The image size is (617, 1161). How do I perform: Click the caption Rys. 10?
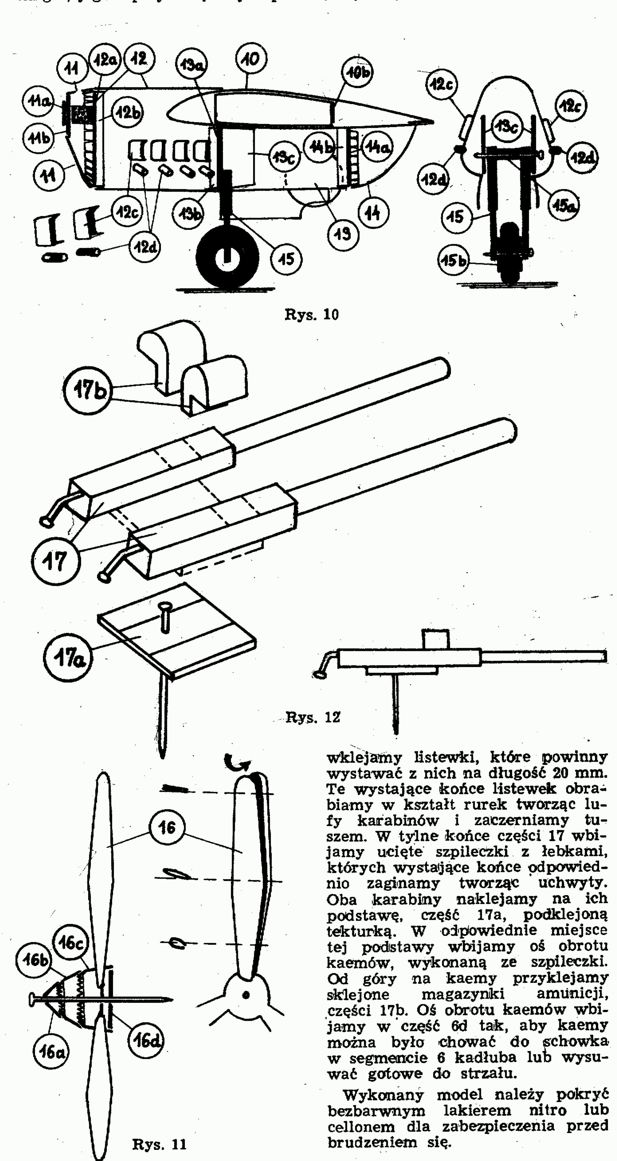click(311, 314)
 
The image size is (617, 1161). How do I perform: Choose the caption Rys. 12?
click(313, 717)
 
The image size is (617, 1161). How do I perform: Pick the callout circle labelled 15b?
click(454, 261)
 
